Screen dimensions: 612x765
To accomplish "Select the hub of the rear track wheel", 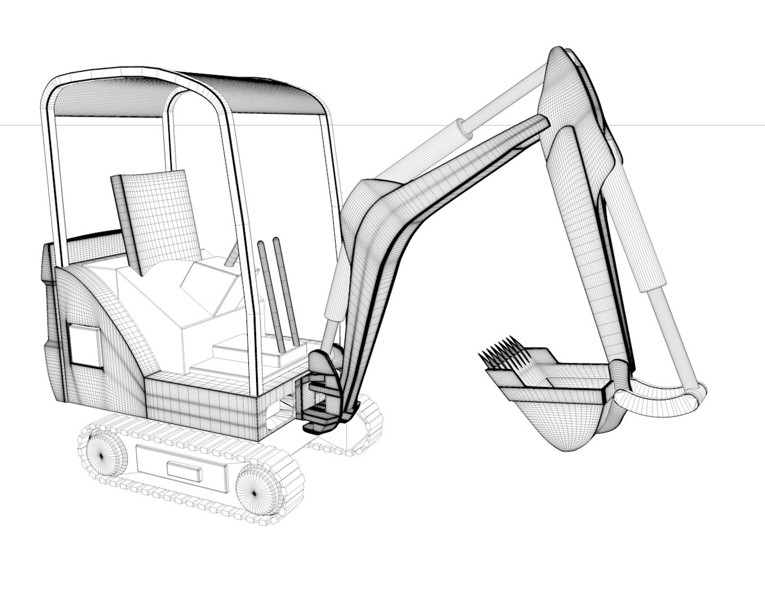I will tap(102, 455).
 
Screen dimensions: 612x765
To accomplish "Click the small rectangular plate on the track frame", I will tap(184, 471).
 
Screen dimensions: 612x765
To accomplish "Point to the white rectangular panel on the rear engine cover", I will tap(85, 347).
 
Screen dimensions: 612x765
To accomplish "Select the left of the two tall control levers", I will tap(270, 295).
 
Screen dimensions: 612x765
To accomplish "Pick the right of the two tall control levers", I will tap(286, 292).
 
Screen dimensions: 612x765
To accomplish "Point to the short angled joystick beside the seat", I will tap(232, 256).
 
